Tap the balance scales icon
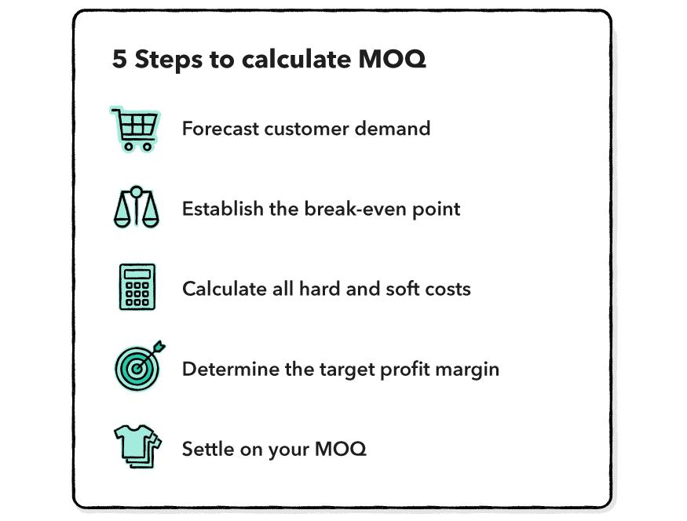(x=137, y=207)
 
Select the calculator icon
(x=137, y=286)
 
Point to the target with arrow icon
(x=139, y=366)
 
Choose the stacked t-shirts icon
(x=137, y=446)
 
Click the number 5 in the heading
(x=119, y=59)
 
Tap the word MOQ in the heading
(x=392, y=59)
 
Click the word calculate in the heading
(x=296, y=59)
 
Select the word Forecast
(x=221, y=129)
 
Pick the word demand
(x=392, y=129)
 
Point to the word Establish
(x=222, y=209)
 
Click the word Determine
(x=231, y=369)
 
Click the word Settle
(x=208, y=449)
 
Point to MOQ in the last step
(x=340, y=449)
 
